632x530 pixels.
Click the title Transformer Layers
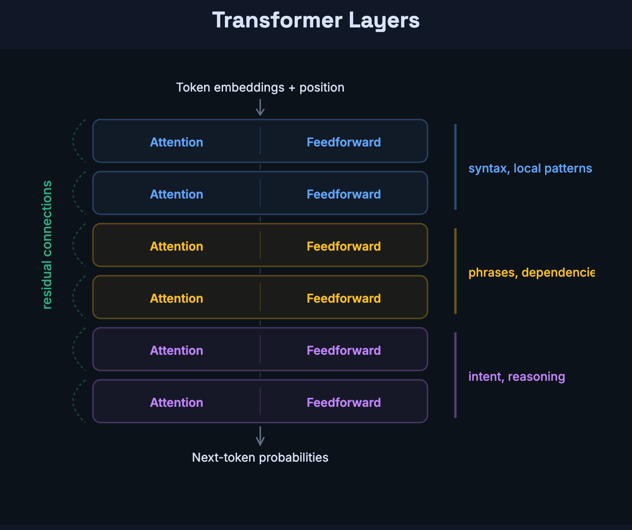pos(316,20)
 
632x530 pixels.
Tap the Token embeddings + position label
pos(260,87)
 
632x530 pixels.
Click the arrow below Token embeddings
pos(260,107)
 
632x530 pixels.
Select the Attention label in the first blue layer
pos(177,142)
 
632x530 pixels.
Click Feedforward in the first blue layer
pos(343,142)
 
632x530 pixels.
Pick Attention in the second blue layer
pos(177,194)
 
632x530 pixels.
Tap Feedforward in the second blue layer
pos(343,194)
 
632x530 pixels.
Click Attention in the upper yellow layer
pos(177,246)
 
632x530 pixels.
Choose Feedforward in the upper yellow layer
pos(343,246)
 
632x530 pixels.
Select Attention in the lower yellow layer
pos(177,298)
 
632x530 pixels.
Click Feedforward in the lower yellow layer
pos(343,298)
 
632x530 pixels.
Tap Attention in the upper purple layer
pos(177,351)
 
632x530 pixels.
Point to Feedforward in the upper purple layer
pos(343,351)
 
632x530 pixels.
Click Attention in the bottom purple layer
pos(177,403)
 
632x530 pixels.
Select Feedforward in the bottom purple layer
pos(343,403)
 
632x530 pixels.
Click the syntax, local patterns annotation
pos(530,168)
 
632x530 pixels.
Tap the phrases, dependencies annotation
pos(531,272)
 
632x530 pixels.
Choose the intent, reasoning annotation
pos(516,377)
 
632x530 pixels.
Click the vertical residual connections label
pos(47,245)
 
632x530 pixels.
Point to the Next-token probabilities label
pos(260,457)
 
